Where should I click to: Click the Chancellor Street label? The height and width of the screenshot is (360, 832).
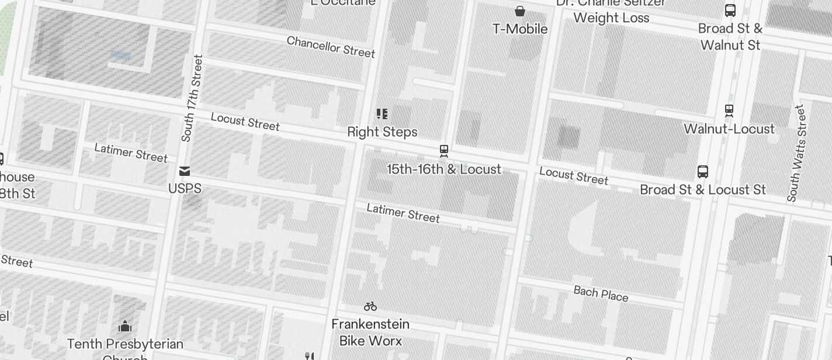point(331,47)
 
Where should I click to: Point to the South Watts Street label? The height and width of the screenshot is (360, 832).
point(796,153)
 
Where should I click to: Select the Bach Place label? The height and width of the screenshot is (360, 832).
point(601,293)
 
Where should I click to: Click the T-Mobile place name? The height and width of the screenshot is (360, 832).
point(520,29)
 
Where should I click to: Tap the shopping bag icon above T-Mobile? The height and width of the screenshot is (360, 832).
point(519,11)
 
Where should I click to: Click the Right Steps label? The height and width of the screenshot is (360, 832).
point(382,131)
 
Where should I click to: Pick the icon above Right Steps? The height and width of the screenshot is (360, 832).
point(382,113)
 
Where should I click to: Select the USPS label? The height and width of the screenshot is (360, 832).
point(185,188)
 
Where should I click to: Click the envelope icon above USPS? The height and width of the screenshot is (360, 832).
point(185,171)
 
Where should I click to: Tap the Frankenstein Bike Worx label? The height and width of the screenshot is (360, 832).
point(370,332)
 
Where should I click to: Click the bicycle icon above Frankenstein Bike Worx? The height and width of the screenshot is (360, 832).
point(370,306)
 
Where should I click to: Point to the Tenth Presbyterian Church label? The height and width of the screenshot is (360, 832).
point(125,344)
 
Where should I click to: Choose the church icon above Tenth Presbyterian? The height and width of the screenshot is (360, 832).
point(125,326)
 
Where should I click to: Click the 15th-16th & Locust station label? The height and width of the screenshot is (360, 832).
point(444,169)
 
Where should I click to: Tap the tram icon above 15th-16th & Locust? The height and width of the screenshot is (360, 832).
point(444,151)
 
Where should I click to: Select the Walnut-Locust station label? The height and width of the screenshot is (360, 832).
point(729,129)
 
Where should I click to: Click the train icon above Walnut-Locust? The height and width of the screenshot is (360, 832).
point(729,110)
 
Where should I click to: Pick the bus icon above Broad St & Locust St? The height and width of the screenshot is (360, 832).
point(703,172)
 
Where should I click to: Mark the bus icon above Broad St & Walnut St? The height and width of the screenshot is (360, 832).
point(730,10)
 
